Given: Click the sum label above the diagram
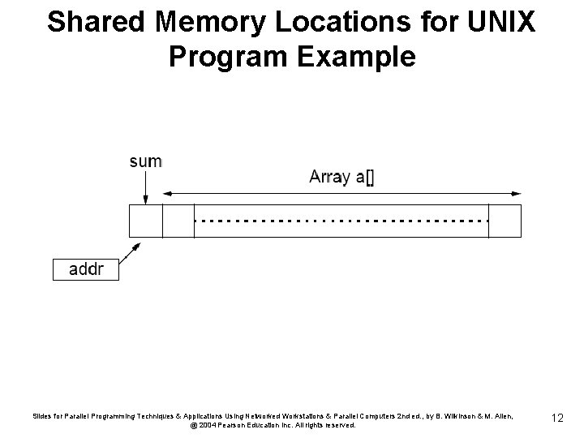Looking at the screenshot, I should coord(145,161).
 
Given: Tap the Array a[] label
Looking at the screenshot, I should coord(341,178).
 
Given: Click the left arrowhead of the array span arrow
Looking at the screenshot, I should coord(168,194).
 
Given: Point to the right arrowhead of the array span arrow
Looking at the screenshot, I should coord(516,194).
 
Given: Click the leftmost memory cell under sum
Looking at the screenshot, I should coord(146,221).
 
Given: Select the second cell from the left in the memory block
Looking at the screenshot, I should coord(178,221).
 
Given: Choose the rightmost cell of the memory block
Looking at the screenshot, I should coord(505,221).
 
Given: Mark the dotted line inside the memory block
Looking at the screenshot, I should coord(341,221).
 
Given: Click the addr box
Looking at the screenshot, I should coord(85,269).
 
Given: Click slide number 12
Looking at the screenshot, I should coord(556,417).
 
